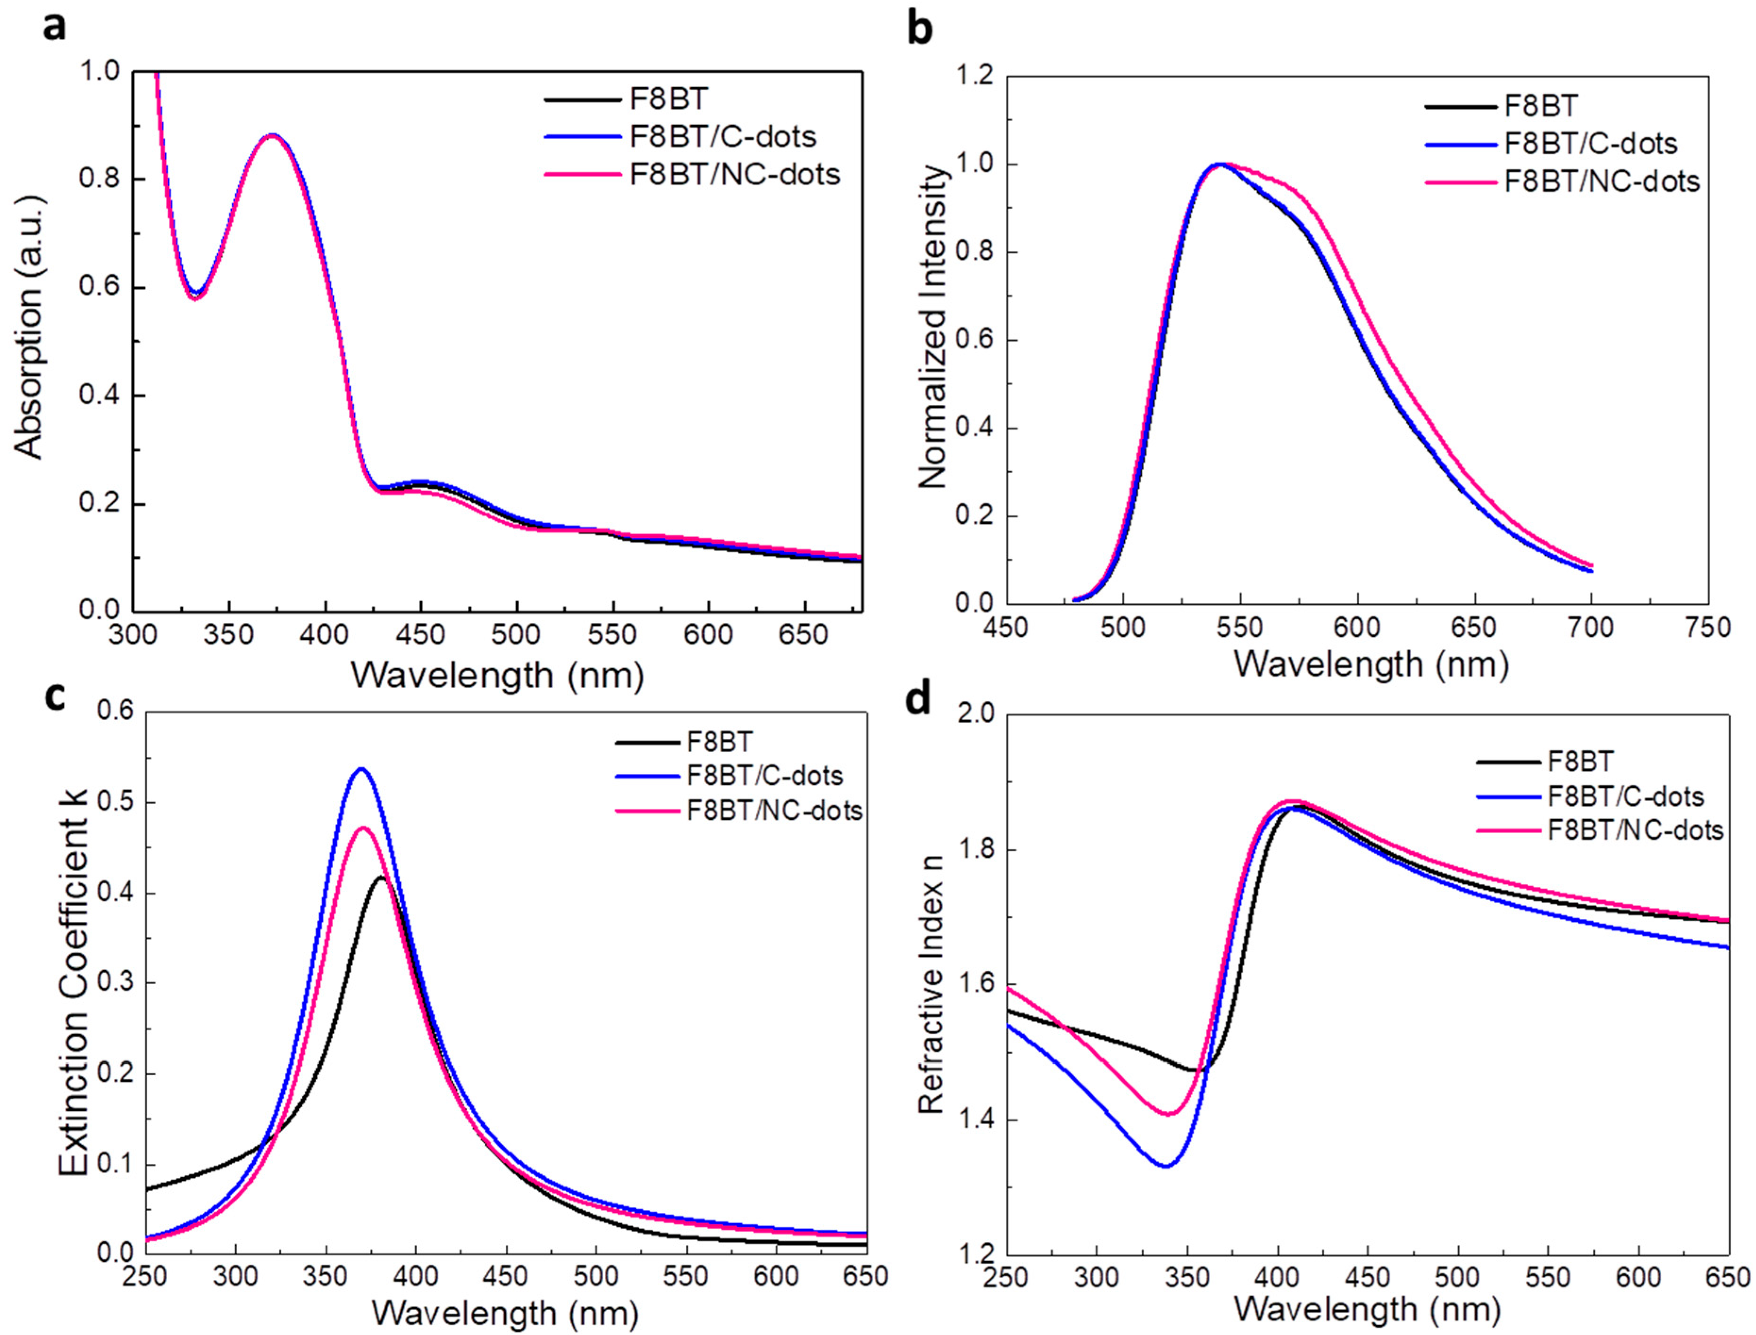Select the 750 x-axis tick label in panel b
click(1707, 628)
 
